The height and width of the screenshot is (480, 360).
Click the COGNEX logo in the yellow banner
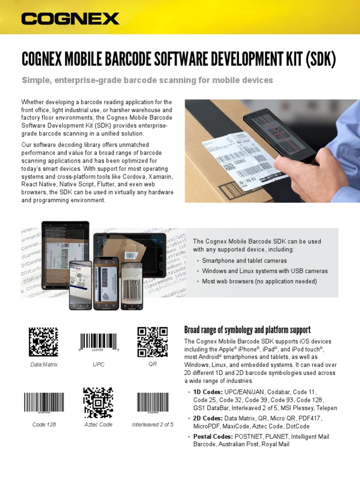70,19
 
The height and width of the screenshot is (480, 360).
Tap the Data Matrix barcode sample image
44,342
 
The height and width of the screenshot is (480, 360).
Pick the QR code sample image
152,342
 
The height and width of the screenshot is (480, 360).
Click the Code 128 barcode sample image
44,403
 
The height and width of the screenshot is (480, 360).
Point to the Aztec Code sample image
98,403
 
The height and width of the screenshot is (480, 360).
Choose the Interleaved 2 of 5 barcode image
152,403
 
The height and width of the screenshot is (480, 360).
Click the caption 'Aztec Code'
98,425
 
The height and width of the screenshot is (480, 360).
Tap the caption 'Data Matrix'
44,364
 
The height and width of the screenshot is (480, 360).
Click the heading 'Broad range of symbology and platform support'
247,330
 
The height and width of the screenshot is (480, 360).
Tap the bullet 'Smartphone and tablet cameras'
244,261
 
